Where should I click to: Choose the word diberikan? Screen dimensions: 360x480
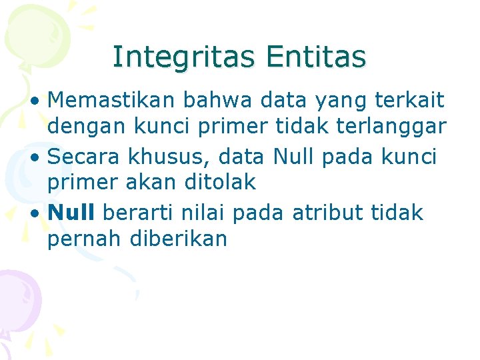click(x=179, y=239)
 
